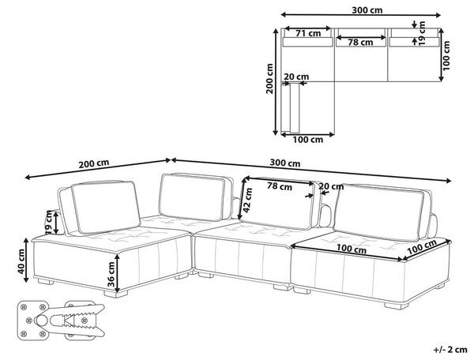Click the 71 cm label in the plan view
tap(308, 33)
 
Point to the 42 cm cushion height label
tap(248, 201)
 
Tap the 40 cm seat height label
tap(21, 261)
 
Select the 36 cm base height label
tap(111, 274)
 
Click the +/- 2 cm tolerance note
tap(450, 350)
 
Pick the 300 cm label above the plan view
tap(367, 10)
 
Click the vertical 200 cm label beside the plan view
tap(269, 78)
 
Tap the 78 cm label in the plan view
tap(360, 43)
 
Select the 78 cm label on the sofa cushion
tap(280, 186)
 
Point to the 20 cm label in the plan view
tap(296, 77)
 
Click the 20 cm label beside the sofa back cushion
tap(331, 186)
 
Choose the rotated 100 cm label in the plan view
tap(446, 55)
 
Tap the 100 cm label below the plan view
tap(308, 140)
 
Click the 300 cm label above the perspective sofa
tap(285, 163)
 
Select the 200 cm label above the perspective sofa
tap(94, 163)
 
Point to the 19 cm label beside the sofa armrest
tap(49, 223)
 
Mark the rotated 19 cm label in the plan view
tap(423, 33)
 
